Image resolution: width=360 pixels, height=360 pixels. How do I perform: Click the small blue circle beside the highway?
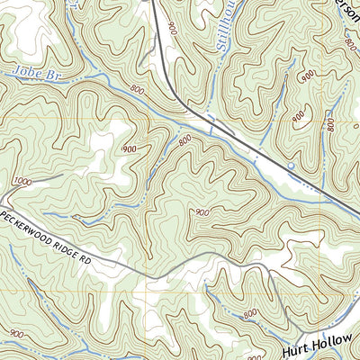coord(290,166)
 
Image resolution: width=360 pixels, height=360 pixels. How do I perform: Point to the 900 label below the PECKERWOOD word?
coord(15,333)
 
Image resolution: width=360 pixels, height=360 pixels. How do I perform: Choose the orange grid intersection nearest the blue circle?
coord(319,116)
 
